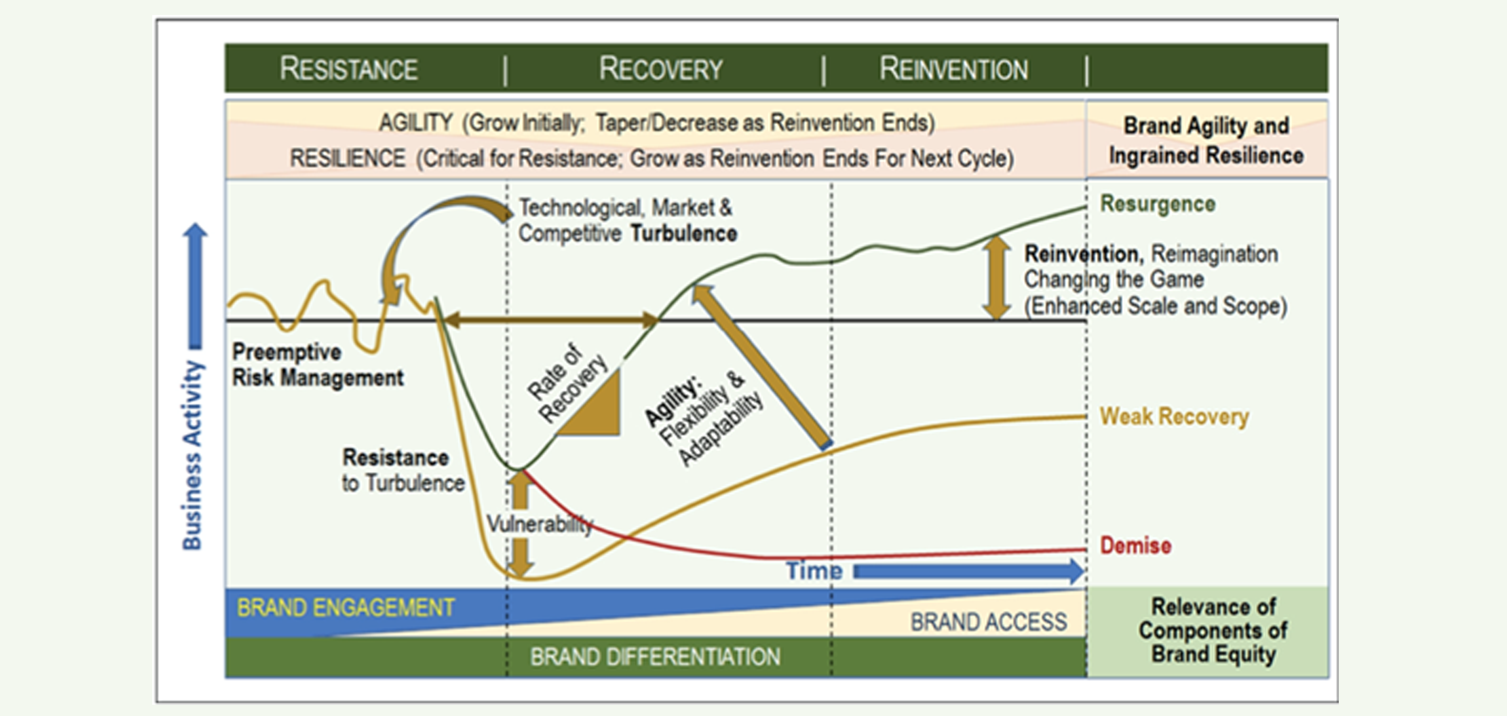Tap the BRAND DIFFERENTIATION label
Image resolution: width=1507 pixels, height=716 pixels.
coord(655,656)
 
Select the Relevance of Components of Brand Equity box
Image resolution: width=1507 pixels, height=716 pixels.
coord(1213,631)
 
